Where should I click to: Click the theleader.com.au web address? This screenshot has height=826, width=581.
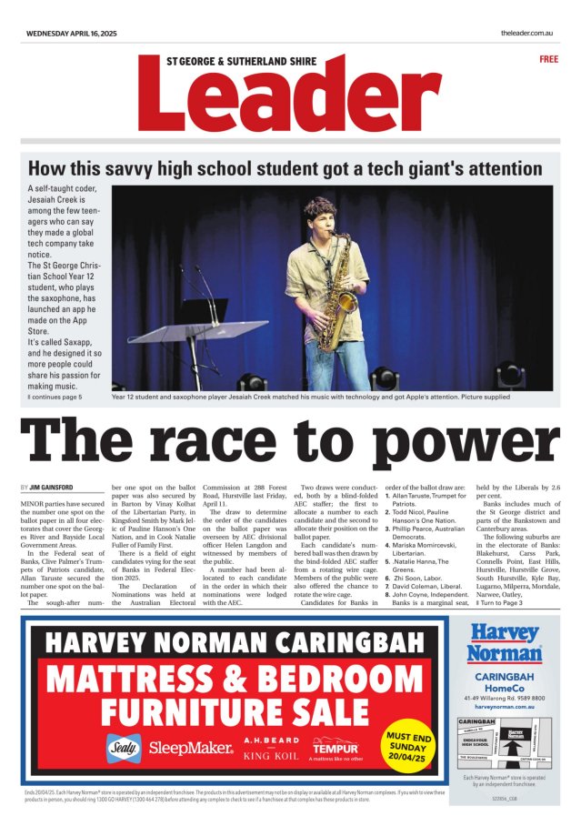[527, 32]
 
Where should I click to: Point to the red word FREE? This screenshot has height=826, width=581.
[548, 58]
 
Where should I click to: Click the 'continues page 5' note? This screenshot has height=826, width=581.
[56, 397]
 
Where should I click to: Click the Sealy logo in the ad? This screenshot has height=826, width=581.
[125, 747]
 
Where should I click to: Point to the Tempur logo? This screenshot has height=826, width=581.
[336, 747]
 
